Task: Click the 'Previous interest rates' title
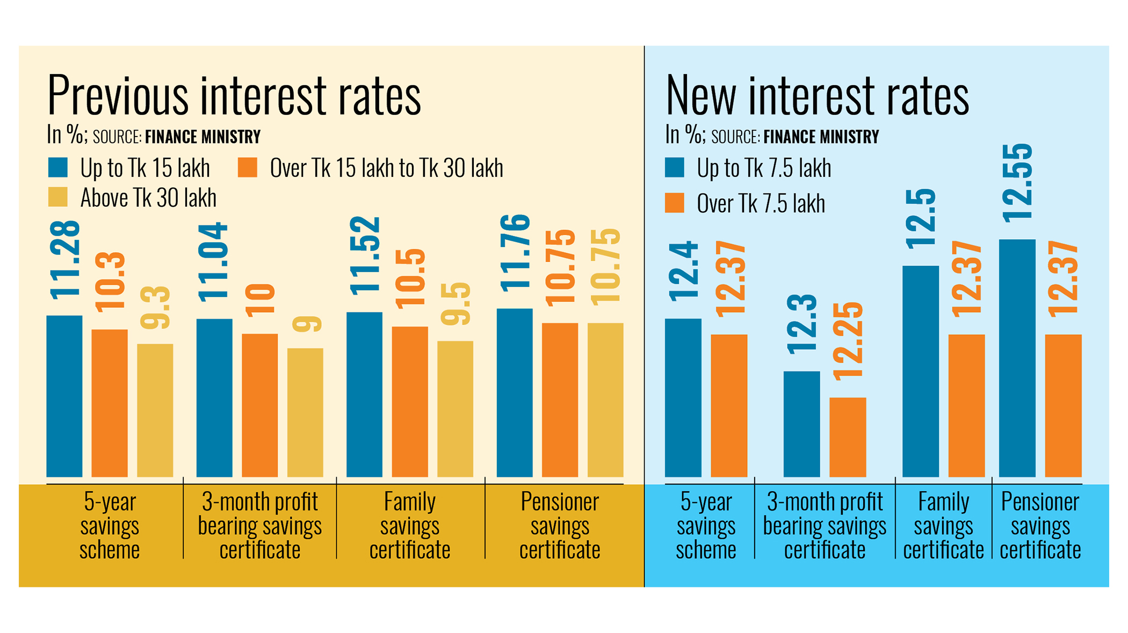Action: click(x=234, y=96)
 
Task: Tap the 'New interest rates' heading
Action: click(x=816, y=96)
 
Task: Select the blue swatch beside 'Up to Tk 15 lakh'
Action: click(x=58, y=168)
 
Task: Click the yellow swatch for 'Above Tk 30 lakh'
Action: click(x=58, y=197)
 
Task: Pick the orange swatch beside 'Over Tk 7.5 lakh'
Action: click(x=674, y=203)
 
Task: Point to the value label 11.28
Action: click(x=65, y=260)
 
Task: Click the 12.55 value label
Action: click(x=1017, y=183)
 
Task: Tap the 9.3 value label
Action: click(x=155, y=307)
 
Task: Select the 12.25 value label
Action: click(x=848, y=342)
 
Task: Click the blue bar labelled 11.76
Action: click(x=515, y=392)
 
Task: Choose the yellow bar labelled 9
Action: click(x=305, y=412)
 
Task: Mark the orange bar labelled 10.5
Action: click(x=410, y=401)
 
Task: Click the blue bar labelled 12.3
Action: click(x=801, y=423)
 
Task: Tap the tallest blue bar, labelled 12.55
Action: click(x=1017, y=358)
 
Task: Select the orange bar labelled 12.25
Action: click(x=848, y=437)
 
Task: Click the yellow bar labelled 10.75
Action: click(x=605, y=399)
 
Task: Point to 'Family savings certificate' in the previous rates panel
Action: click(x=410, y=526)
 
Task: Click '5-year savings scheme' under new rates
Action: click(x=706, y=526)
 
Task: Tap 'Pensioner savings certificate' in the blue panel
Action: click(x=1040, y=526)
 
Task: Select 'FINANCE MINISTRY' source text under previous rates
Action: click(x=203, y=137)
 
